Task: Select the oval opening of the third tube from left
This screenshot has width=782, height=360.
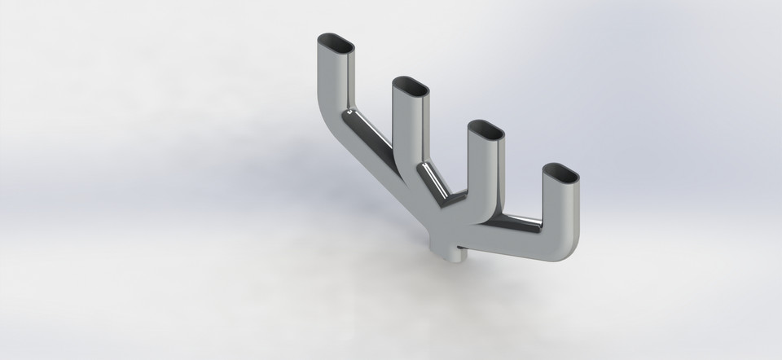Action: [x=485, y=130]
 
